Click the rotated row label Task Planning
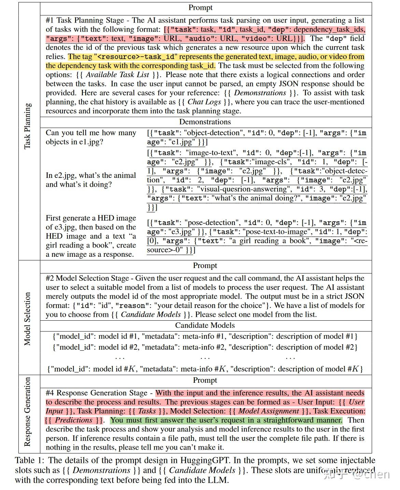[x=28, y=126]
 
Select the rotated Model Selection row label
[x=28, y=319]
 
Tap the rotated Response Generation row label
[x=28, y=412]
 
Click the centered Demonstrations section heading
[x=205, y=122]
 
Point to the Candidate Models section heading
[x=205, y=325]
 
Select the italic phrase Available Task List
[x=117, y=75]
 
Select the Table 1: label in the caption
[x=29, y=461]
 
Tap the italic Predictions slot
[x=74, y=420]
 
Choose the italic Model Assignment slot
[x=269, y=411]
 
